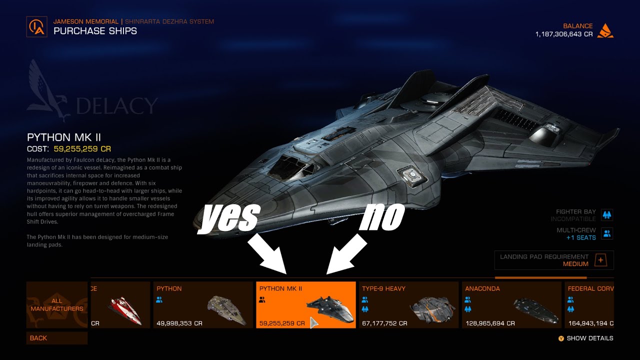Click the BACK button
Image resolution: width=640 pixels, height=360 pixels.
pyautogui.click(x=56, y=338)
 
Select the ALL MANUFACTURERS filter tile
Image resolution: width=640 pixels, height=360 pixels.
pyautogui.click(x=56, y=305)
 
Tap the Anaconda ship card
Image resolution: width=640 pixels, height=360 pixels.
pyautogui.click(x=511, y=305)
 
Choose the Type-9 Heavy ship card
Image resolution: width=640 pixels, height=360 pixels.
pyautogui.click(x=408, y=305)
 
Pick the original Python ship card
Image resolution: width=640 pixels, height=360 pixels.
pyautogui.click(x=203, y=305)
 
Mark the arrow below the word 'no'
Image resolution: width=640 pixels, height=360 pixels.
pyautogui.click(x=346, y=255)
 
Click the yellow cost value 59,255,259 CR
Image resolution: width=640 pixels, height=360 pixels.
pyautogui.click(x=82, y=149)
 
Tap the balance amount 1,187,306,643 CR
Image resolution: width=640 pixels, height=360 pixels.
pyautogui.click(x=564, y=34)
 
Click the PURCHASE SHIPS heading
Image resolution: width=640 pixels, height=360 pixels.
pyautogui.click(x=95, y=31)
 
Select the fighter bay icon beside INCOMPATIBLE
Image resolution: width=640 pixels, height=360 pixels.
pyautogui.click(x=607, y=215)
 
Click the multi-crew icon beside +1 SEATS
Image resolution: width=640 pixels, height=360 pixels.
pyautogui.click(x=607, y=233)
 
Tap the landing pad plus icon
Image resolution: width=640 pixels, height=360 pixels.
pyautogui.click(x=601, y=260)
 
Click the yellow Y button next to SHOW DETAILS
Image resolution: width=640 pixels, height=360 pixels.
pyautogui.click(x=561, y=338)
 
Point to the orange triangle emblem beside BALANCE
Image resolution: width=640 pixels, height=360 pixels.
pyautogui.click(x=605, y=30)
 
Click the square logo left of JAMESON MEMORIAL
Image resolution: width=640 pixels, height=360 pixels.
pyautogui.click(x=37, y=26)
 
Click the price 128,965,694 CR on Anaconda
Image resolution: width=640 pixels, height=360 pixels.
pyautogui.click(x=490, y=323)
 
